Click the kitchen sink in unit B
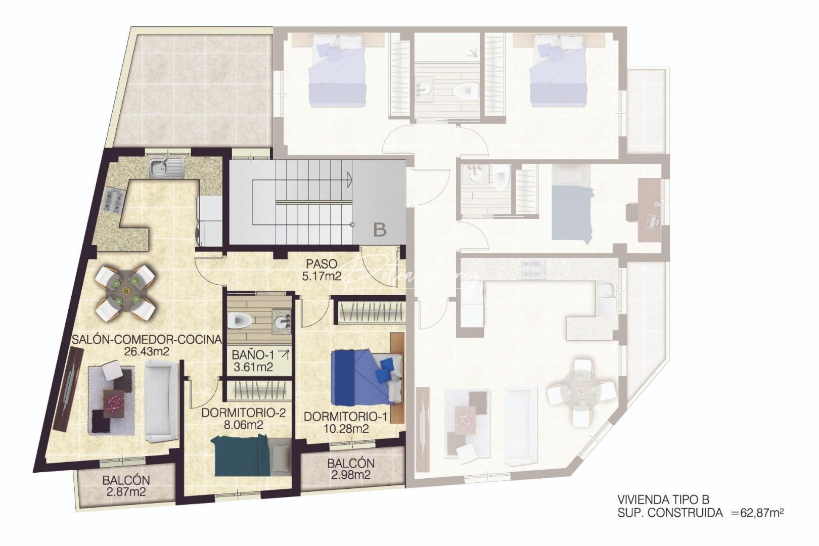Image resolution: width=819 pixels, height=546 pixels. pos(166,167)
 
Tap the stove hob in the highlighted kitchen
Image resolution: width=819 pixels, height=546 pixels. pos(114,200)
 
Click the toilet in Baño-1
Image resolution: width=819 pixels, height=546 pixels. pos(240,320)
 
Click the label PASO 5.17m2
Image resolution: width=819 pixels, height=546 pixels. pos(321,270)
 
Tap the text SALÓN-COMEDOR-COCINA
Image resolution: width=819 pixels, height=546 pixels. pos(147,339)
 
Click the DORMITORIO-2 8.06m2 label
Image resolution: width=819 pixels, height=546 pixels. pos(244,419)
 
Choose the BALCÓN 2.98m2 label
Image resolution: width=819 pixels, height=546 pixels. pos(351,469)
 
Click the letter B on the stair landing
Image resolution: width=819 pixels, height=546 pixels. pos(380,230)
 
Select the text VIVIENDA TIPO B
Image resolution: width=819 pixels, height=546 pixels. pos(663,499)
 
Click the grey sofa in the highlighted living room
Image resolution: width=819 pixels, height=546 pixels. pos(161,403)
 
